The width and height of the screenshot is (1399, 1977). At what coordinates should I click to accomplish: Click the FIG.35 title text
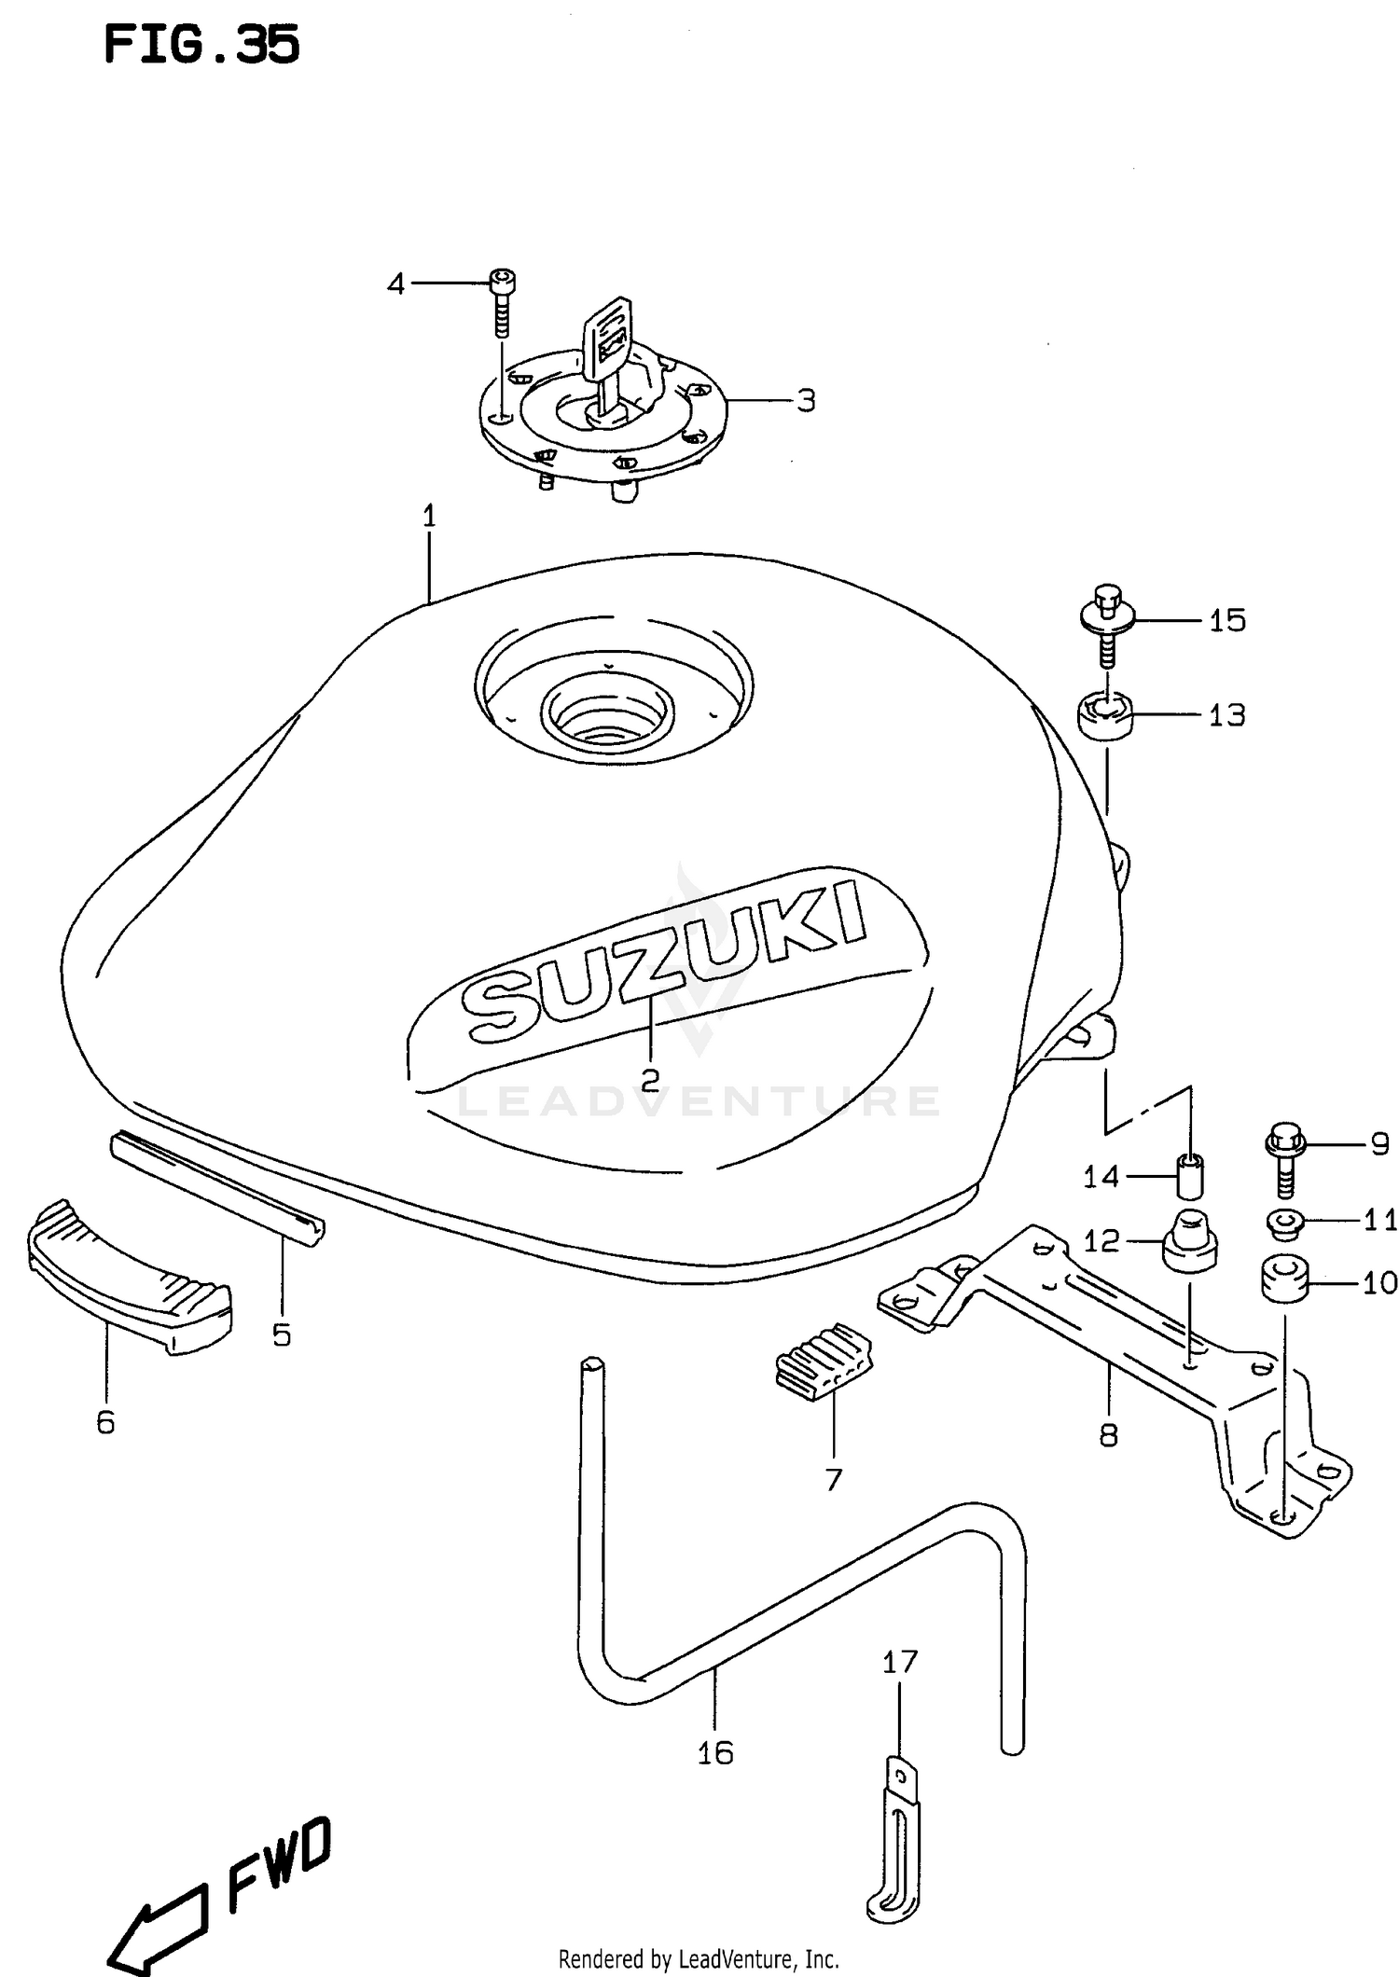click(201, 45)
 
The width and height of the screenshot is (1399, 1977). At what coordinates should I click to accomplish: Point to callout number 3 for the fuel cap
click(806, 400)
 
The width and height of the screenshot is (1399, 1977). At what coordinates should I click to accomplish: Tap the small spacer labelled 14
click(1189, 1176)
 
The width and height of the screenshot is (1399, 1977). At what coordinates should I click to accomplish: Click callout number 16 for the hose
click(715, 1753)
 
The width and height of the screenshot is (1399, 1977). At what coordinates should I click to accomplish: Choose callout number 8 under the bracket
click(1108, 1435)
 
